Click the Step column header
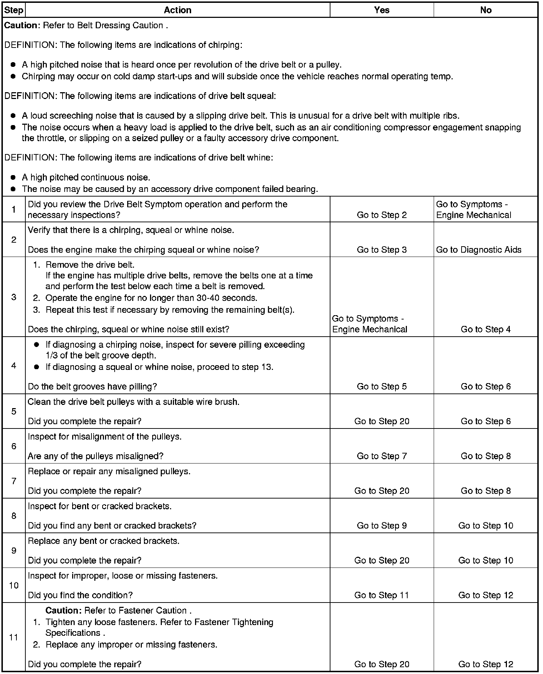[14, 10]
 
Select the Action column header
[178, 10]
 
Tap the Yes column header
[382, 10]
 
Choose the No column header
[485, 10]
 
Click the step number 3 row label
[14, 297]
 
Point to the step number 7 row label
[14, 481]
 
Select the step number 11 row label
[14, 638]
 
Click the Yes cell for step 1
[382, 215]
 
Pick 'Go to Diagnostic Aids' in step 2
[479, 250]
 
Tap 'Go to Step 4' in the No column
[485, 329]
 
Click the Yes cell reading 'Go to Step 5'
[382, 386]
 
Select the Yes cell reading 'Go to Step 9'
[382, 526]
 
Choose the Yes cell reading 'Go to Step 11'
[382, 595]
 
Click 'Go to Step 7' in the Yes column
[382, 456]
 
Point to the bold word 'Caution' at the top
[20, 26]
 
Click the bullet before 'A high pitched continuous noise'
[13, 178]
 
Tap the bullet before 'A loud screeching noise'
[13, 116]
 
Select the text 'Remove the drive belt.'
[90, 265]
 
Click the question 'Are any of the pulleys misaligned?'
[95, 456]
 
